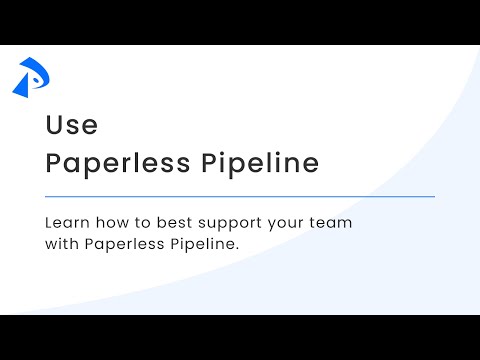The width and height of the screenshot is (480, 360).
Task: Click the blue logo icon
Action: pos(30,76)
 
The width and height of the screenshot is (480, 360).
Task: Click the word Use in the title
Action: pos(72,126)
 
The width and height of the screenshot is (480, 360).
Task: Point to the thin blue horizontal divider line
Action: pos(240,197)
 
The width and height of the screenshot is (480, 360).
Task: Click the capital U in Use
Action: pos(53,126)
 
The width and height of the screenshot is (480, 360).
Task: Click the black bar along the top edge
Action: pos(240,22)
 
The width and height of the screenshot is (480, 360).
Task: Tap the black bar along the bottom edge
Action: pos(240,337)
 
